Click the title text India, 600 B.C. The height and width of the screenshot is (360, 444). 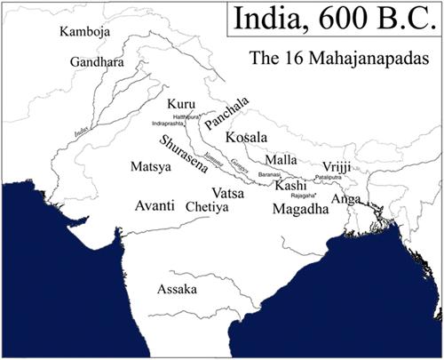[x=334, y=20]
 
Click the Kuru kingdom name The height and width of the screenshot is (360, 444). [x=179, y=105]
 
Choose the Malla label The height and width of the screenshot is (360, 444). [x=281, y=159]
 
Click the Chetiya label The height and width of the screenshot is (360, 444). [x=208, y=206]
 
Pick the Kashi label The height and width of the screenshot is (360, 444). [x=290, y=187]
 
